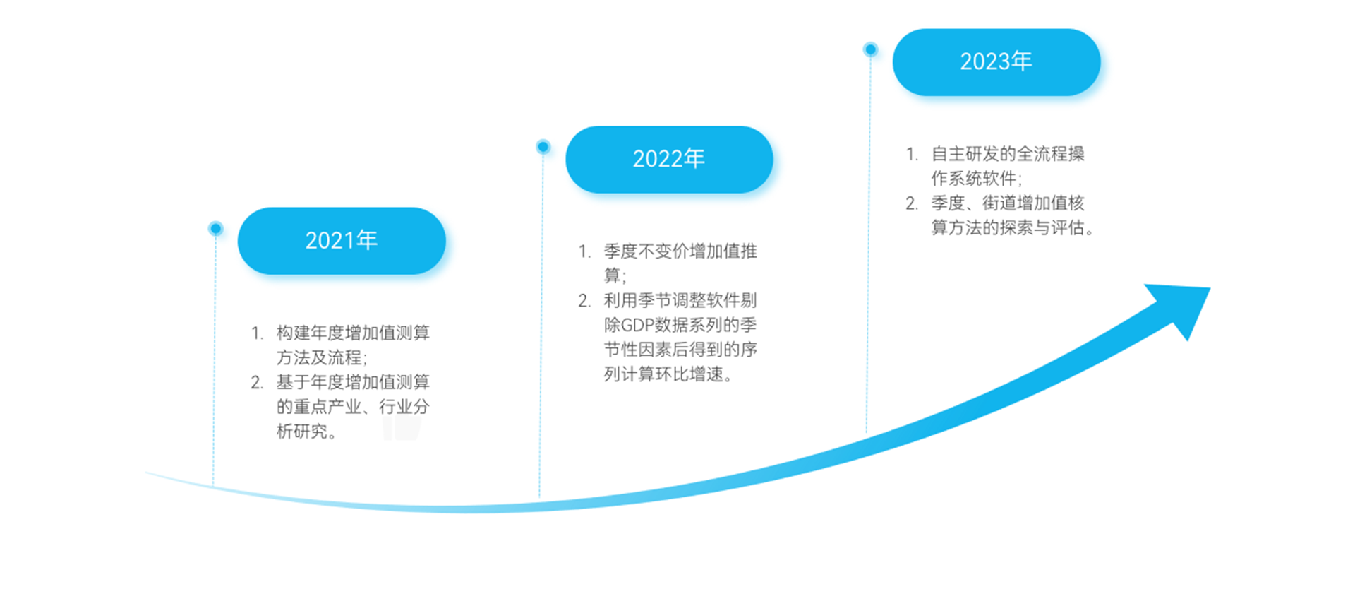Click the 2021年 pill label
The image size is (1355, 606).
pos(342,241)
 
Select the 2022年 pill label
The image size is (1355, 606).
pos(669,160)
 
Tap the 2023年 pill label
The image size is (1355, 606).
pos(996,62)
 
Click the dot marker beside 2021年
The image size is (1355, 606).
pos(216,228)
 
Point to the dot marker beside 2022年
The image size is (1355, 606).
pos(543,147)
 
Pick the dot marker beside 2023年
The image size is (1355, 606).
pos(871,49)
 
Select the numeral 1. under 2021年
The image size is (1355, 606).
pos(258,333)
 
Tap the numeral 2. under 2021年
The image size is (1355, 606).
pos(258,383)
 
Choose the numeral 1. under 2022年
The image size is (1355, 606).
pos(585,251)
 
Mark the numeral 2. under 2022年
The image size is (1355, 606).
pos(585,301)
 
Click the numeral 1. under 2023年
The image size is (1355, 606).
pos(913,154)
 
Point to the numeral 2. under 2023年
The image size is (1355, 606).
pos(913,203)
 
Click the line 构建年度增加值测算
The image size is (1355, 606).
pos(353,333)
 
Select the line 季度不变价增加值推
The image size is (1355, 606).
pos(680,251)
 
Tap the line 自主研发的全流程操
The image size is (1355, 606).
pos(1008,154)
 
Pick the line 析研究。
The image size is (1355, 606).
pos(307,432)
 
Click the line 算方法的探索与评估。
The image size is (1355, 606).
pos(1013,227)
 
